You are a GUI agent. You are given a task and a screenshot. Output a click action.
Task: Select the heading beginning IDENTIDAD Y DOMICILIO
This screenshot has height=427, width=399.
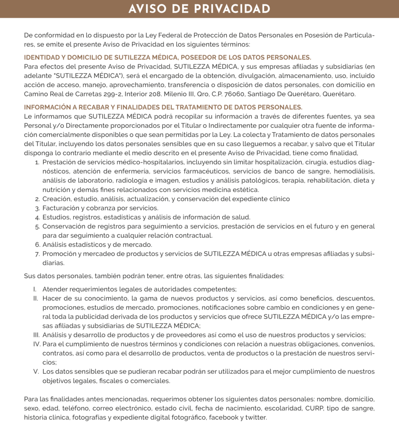pos(167,58)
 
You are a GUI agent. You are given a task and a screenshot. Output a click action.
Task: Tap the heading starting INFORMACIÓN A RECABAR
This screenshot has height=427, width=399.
pos(163,107)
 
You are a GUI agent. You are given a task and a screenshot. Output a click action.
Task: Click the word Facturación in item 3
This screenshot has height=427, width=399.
pos(59,208)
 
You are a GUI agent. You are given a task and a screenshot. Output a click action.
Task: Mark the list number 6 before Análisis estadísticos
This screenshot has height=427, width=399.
pos(38,245)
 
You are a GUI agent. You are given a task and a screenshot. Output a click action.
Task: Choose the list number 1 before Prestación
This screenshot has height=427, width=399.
pos(38,162)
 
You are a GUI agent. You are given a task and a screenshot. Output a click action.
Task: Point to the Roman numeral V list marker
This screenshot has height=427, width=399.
pos(36,372)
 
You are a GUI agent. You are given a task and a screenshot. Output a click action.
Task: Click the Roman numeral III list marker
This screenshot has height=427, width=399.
pos(36,335)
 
